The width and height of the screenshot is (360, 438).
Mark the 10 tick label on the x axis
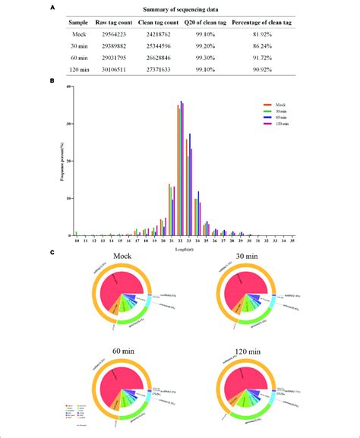click(76, 240)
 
